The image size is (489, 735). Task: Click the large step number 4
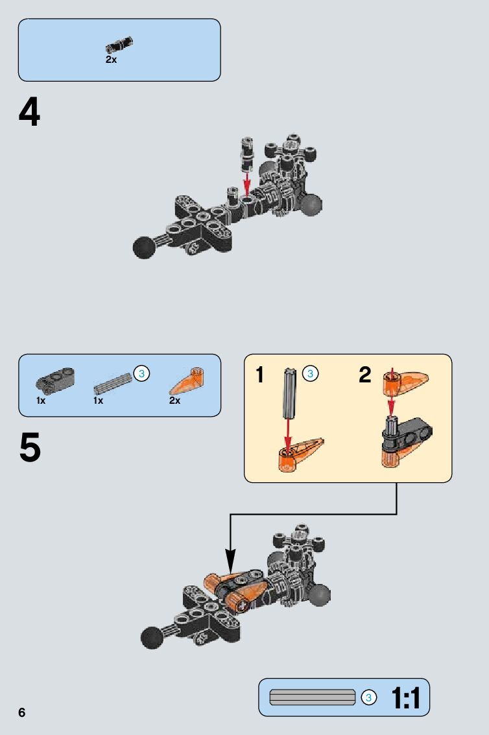pyautogui.click(x=30, y=112)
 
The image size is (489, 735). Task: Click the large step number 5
pyautogui.click(x=30, y=447)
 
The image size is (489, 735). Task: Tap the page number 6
pyautogui.click(x=22, y=712)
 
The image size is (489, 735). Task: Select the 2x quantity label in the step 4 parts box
pyautogui.click(x=111, y=60)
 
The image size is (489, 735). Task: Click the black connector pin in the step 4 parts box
pyautogui.click(x=119, y=45)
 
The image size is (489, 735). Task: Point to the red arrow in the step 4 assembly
pyautogui.click(x=246, y=184)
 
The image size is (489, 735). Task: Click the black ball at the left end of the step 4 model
pyautogui.click(x=145, y=246)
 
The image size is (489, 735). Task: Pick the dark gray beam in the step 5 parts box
pyautogui.click(x=55, y=379)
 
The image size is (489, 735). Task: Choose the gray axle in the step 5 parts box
pyautogui.click(x=113, y=384)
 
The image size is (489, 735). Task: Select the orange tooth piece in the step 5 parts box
pyautogui.click(x=187, y=381)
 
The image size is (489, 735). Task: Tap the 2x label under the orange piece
pyautogui.click(x=175, y=401)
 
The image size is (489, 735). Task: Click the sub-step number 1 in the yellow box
pyautogui.click(x=259, y=375)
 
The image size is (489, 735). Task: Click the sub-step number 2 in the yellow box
pyautogui.click(x=365, y=375)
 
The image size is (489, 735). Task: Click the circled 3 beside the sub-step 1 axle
pyautogui.click(x=310, y=373)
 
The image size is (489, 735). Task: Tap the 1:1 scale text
pyautogui.click(x=406, y=698)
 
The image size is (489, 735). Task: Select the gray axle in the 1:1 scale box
pyautogui.click(x=313, y=697)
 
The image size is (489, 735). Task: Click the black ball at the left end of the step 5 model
pyautogui.click(x=152, y=637)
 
